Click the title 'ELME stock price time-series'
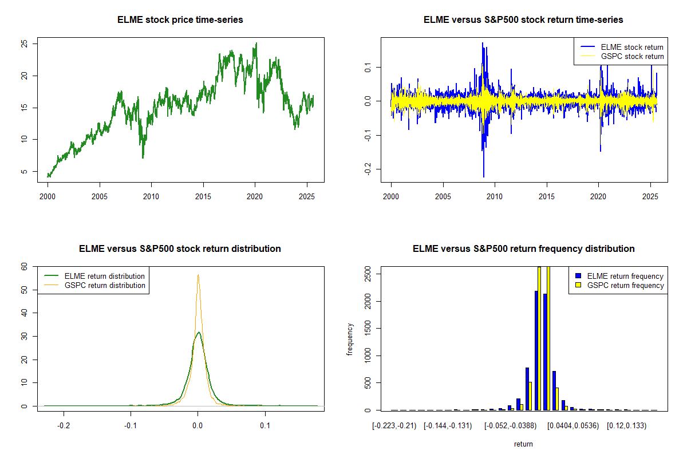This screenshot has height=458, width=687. click(x=180, y=20)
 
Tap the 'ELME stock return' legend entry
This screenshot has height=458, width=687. click(x=632, y=47)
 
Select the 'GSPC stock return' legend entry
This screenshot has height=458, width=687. click(x=632, y=57)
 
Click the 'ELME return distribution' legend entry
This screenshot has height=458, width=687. click(x=105, y=276)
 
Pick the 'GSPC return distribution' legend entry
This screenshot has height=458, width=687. click(x=105, y=285)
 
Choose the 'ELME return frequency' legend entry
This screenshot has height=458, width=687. click(x=625, y=276)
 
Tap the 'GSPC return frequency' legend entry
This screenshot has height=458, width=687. click(x=625, y=285)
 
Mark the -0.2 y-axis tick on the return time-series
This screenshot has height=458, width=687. click(x=366, y=168)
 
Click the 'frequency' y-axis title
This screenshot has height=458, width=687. click(x=350, y=339)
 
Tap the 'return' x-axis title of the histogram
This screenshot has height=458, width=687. click(x=523, y=444)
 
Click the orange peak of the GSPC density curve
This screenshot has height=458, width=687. click(x=198, y=275)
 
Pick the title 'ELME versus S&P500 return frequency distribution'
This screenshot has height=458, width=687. click(x=523, y=249)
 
